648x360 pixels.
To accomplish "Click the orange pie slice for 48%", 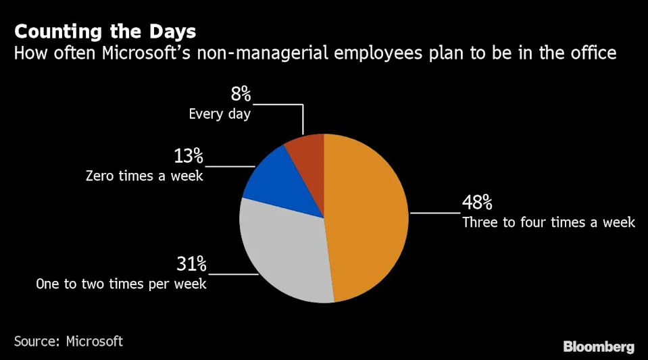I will (x=368, y=216).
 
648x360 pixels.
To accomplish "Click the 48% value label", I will (x=477, y=203).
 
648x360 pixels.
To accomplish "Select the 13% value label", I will (x=188, y=156).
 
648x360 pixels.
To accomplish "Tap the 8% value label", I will (x=241, y=95).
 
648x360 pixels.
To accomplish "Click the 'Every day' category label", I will (x=220, y=113).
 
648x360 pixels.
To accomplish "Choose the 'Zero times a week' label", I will (x=144, y=176).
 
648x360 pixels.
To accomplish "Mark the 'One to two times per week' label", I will (x=121, y=284).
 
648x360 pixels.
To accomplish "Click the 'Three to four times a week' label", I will (x=548, y=222).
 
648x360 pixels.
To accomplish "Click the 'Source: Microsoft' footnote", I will (x=68, y=341).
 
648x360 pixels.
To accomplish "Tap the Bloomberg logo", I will (x=599, y=346).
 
